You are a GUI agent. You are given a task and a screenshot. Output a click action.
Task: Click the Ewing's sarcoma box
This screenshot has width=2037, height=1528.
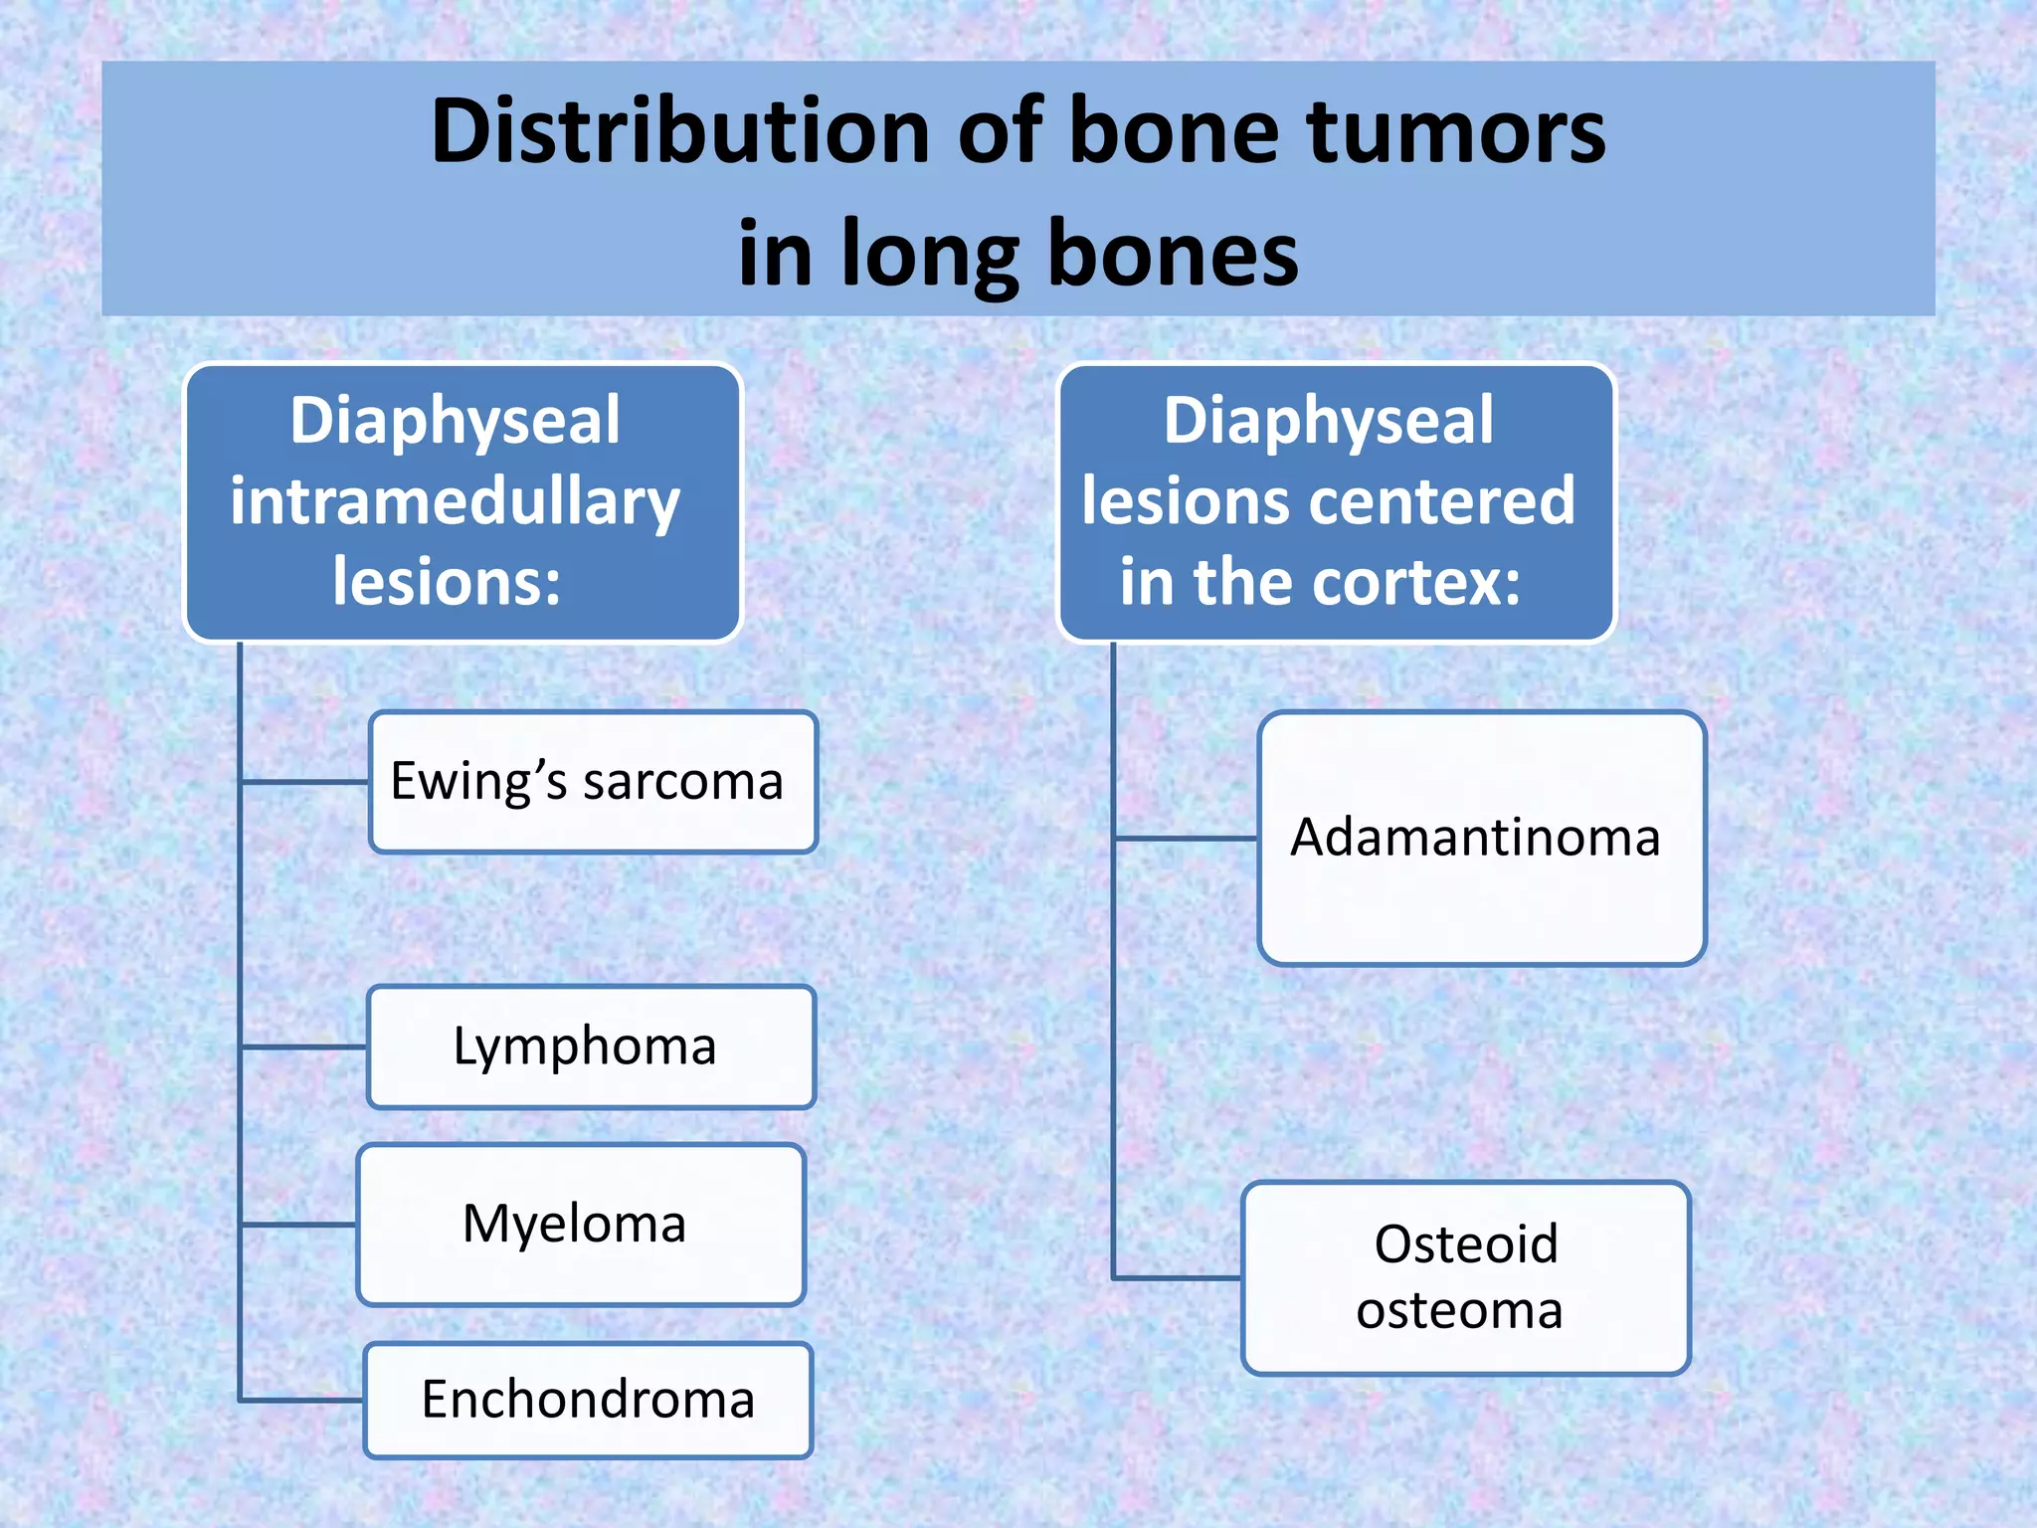pyautogui.click(x=593, y=782)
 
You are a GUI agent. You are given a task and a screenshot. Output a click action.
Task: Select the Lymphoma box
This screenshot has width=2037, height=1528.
pyautogui.click(x=591, y=1047)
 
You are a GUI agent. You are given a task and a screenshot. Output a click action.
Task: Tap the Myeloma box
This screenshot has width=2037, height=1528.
pyautogui.click(x=580, y=1225)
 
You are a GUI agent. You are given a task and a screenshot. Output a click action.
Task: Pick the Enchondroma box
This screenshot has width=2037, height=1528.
pyautogui.click(x=588, y=1400)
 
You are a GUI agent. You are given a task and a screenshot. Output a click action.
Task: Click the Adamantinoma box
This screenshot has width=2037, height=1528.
pyautogui.click(x=1481, y=838)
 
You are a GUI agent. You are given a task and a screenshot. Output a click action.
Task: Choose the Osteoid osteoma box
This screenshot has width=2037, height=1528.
pyautogui.click(x=1465, y=1277)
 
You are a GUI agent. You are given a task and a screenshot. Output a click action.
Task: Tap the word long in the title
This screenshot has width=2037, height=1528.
pyautogui.click(x=931, y=255)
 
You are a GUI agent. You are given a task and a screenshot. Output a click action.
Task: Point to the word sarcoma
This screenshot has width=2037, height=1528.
pyautogui.click(x=683, y=782)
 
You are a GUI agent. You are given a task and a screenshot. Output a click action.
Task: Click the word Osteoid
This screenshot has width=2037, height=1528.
pyautogui.click(x=1465, y=1244)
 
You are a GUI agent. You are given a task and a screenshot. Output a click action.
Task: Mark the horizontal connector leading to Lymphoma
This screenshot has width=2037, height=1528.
pyautogui.click(x=304, y=1047)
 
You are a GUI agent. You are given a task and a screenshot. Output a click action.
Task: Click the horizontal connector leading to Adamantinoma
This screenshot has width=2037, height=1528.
pyautogui.click(x=1186, y=839)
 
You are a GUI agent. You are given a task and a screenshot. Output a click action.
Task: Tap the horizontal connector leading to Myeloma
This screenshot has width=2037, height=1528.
pyautogui.click(x=298, y=1225)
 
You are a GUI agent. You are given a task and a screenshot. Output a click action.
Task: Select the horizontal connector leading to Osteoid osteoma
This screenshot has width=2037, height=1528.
pyautogui.click(x=1178, y=1277)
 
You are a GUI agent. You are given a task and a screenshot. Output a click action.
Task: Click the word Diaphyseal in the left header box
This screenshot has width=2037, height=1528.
pyautogui.click(x=456, y=420)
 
